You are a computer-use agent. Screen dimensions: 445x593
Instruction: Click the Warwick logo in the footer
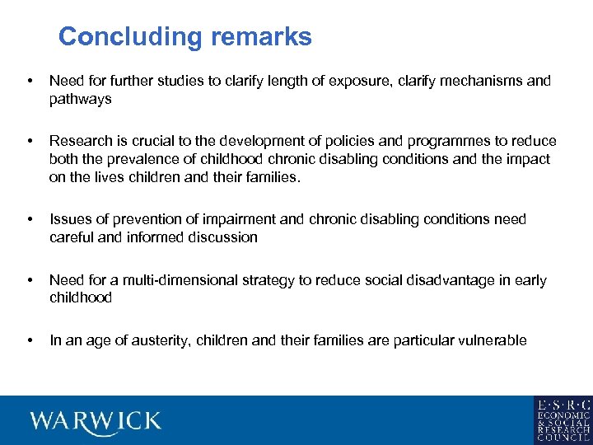[x=96, y=421]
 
